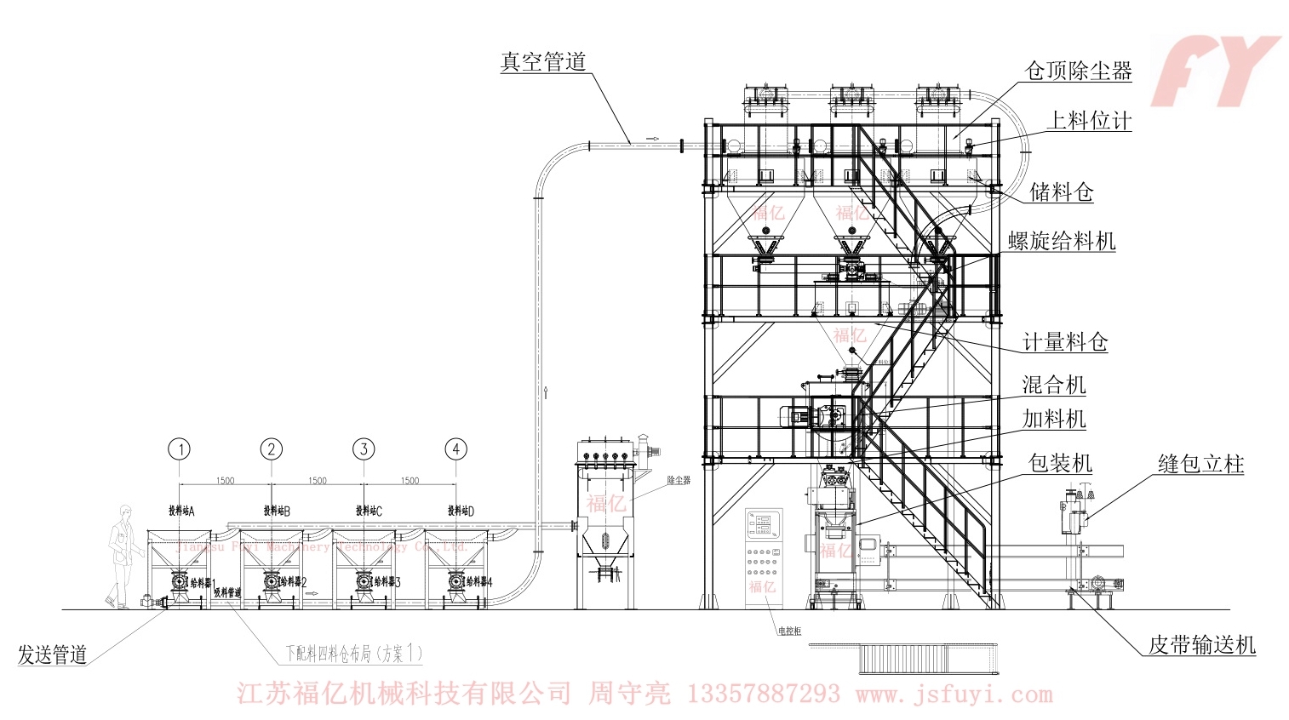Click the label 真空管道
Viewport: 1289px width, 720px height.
coord(542,62)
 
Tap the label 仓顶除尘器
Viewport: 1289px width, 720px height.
coord(1079,71)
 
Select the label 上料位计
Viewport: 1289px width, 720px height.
coord(1089,121)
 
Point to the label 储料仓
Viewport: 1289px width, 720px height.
coord(1061,191)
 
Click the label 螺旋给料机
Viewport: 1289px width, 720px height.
coord(1062,241)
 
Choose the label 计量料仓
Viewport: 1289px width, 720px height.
coord(1065,342)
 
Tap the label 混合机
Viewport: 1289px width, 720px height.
coord(1054,385)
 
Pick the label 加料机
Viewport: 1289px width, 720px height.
coord(1054,419)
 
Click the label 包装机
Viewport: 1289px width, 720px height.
coord(1060,463)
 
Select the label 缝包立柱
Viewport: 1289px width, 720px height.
coord(1200,464)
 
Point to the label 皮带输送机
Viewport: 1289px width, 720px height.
coord(1201,645)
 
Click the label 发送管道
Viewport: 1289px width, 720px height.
coord(53,654)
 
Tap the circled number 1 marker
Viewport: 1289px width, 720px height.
coord(179,449)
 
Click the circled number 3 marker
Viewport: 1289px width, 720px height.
coord(364,449)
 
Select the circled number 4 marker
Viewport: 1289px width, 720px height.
coord(456,449)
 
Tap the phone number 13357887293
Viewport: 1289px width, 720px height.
coord(762,694)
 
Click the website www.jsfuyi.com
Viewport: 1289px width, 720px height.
coord(954,694)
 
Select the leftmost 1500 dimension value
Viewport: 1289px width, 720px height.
coord(225,481)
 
